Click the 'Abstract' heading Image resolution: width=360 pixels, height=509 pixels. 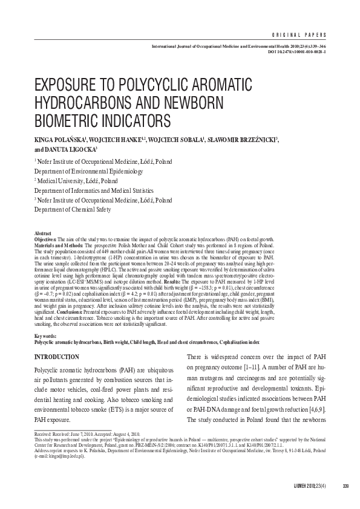pyautogui.click(x=42, y=232)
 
